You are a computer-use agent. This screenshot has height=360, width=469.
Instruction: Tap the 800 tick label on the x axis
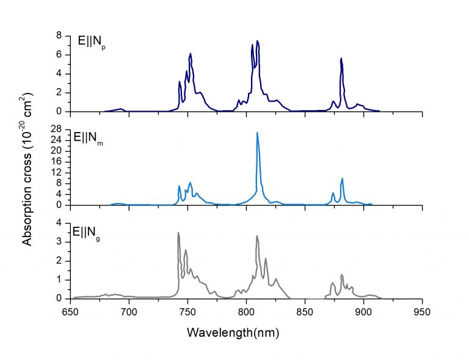[246, 311]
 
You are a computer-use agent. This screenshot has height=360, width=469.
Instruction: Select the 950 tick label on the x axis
[422, 311]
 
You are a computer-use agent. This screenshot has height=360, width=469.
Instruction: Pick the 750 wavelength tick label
[187, 311]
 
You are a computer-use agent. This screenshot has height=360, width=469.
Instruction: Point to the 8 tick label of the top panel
[60, 35]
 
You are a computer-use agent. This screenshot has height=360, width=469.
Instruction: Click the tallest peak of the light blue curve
[257, 133]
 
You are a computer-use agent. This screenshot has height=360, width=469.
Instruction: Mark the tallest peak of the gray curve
[178, 233]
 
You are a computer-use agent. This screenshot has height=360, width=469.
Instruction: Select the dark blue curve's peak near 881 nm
[341, 59]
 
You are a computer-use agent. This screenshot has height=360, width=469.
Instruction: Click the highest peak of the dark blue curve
[258, 42]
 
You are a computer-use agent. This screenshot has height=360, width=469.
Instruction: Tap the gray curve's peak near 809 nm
[257, 236]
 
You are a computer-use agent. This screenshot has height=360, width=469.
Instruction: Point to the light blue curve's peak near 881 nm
[342, 178]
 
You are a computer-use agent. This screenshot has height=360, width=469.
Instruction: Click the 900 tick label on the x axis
[364, 311]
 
